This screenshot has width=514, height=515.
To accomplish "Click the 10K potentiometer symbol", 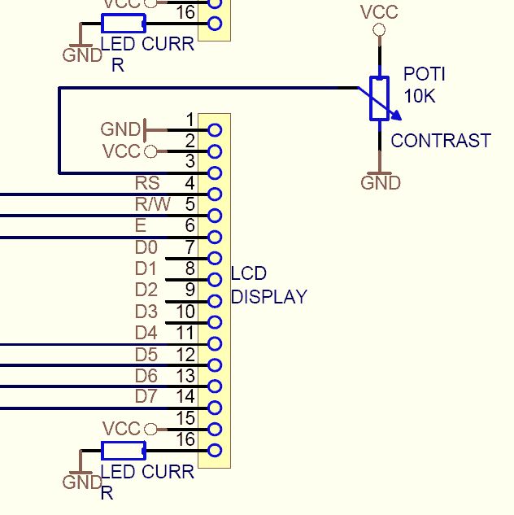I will [380, 99].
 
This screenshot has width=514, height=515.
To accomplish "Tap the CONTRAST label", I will [441, 141].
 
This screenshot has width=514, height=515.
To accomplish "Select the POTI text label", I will [425, 75].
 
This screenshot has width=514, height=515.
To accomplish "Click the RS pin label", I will [147, 183].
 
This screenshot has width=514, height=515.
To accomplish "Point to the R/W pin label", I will [153, 204].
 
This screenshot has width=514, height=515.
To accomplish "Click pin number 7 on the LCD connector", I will [189, 247].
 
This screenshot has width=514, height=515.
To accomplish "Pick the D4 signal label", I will [146, 332].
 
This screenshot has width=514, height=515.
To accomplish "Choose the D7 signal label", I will [146, 396].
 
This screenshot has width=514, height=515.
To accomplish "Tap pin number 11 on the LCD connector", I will [185, 332].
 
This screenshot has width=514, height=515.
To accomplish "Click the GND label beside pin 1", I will [120, 129].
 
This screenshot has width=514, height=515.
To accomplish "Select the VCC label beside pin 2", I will [121, 151].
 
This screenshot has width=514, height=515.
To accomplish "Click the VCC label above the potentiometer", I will [379, 12].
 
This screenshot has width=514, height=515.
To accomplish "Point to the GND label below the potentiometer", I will [381, 183].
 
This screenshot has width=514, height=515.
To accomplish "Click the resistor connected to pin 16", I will [123, 451].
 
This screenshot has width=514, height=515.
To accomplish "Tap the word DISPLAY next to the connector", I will [269, 297].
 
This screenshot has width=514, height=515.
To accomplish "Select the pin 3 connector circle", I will [215, 172].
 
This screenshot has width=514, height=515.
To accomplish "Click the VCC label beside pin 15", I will [121, 429].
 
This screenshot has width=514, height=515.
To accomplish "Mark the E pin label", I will [142, 225].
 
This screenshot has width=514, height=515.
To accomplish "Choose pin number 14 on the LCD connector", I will [185, 396].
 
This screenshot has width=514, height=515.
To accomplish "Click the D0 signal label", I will [146, 247].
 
